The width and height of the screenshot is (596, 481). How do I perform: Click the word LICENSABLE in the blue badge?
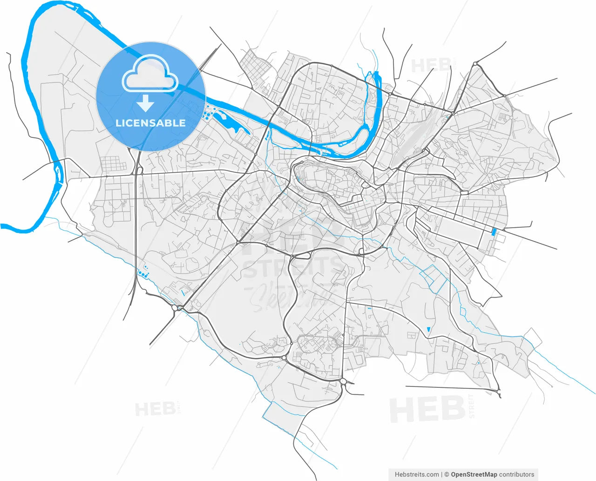click(150, 123)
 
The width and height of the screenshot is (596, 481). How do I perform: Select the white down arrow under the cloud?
click(146, 103)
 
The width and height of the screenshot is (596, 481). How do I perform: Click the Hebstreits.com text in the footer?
click(416, 474)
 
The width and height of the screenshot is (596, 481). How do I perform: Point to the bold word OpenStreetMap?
click(474, 474)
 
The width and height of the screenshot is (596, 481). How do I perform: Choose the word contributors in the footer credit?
click(516, 474)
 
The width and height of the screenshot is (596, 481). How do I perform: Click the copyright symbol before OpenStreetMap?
click(447, 474)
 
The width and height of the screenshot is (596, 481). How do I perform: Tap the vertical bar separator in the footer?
click(441, 474)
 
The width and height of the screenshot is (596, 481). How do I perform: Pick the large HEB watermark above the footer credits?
click(427, 409)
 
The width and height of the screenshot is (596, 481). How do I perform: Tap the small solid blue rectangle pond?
click(494, 231)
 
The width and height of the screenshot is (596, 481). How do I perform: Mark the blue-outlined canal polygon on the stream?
click(433, 278)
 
